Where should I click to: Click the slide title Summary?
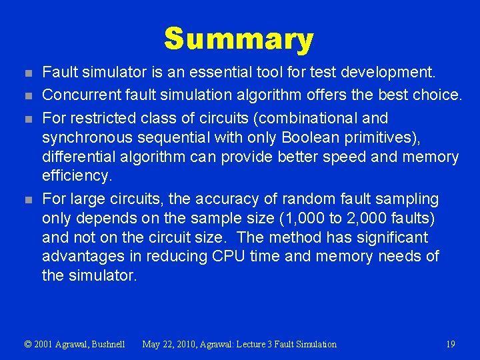point(239,39)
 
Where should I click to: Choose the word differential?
point(79,157)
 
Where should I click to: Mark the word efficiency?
point(76,176)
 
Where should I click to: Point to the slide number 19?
point(451,344)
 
